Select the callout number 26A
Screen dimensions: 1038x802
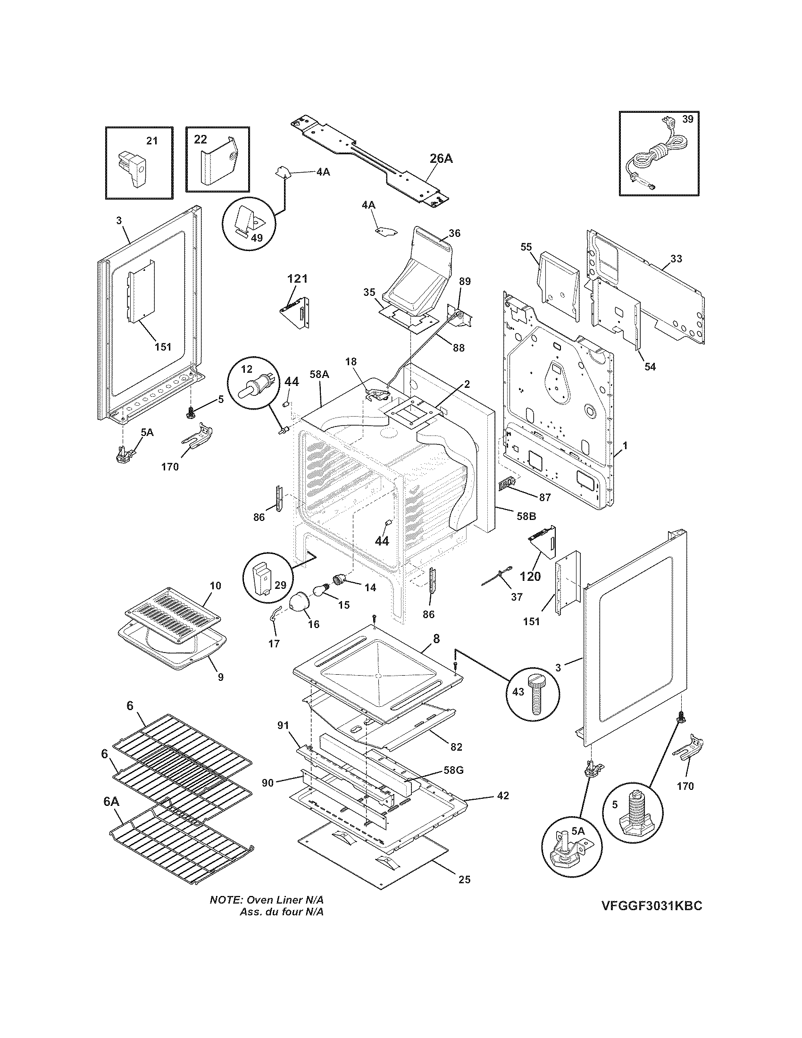pos(441,159)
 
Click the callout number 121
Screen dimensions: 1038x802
pos(297,278)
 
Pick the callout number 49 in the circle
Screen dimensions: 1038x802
pos(257,238)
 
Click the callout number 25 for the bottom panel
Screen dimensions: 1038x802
pos(464,879)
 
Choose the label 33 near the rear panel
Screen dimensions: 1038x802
pos(676,259)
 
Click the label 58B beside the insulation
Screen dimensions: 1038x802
pos(526,516)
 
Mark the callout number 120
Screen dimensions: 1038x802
pos(530,577)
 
